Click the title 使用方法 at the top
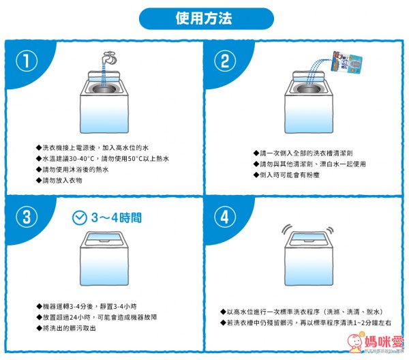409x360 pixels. coord(204,17)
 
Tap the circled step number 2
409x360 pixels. coord(224,61)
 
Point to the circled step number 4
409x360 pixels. coord(224,217)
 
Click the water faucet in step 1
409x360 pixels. coord(108,57)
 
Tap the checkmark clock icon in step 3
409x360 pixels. coord(80,217)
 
